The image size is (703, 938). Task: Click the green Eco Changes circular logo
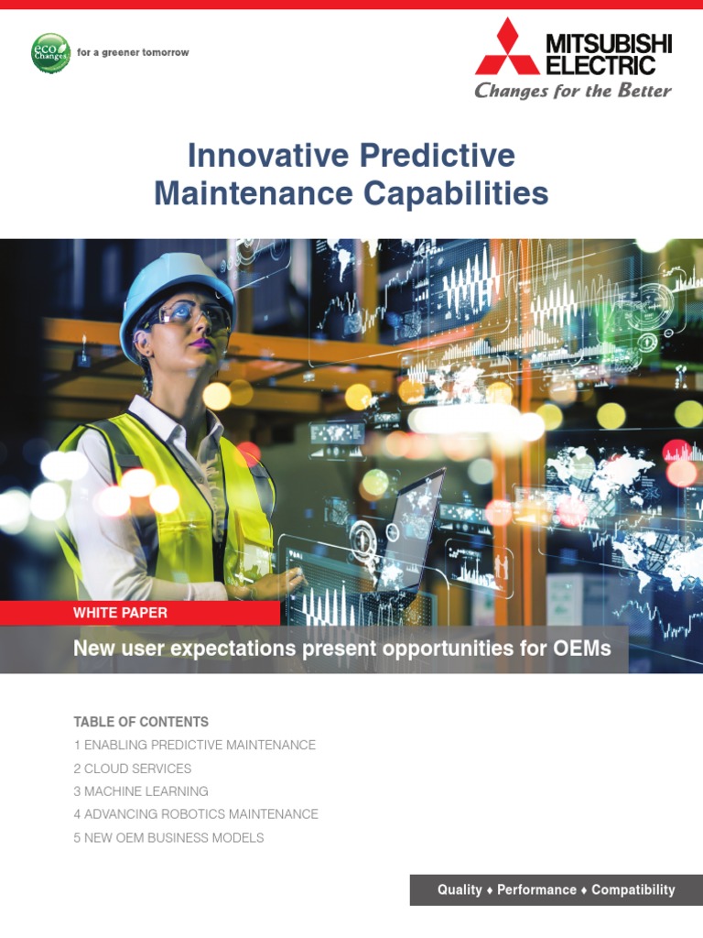click(x=49, y=53)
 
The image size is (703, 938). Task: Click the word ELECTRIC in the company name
click(x=600, y=65)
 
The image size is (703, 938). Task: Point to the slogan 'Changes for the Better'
click(x=572, y=91)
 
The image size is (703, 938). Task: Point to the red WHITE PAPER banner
click(x=121, y=613)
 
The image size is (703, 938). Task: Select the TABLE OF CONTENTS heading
click(x=141, y=722)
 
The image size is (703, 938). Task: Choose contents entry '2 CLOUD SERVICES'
click(x=133, y=769)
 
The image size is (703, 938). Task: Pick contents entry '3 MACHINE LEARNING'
click(x=141, y=791)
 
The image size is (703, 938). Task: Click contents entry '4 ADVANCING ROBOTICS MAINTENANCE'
click(x=196, y=814)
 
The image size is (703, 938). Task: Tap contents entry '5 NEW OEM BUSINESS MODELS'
click(x=168, y=837)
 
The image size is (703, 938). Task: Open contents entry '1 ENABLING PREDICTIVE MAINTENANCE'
click(x=194, y=746)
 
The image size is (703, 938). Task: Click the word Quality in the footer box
click(x=460, y=889)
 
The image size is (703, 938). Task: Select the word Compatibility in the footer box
click(x=633, y=889)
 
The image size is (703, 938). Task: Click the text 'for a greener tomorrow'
click(x=133, y=53)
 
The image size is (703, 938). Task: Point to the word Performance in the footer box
click(x=536, y=889)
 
